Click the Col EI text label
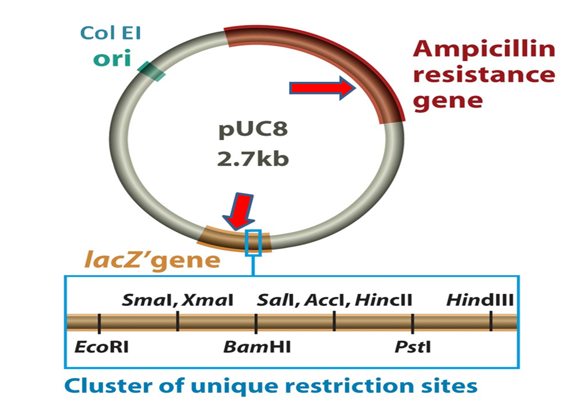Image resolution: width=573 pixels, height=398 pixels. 110,33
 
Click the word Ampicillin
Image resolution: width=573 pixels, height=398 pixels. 484,49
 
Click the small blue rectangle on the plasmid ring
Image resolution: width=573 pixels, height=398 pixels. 253,242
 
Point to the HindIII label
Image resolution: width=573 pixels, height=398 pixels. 480,301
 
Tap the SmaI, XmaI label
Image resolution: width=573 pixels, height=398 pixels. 177,301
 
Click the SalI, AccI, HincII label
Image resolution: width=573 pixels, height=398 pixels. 334,301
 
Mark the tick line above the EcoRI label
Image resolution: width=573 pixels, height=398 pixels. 99,323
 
